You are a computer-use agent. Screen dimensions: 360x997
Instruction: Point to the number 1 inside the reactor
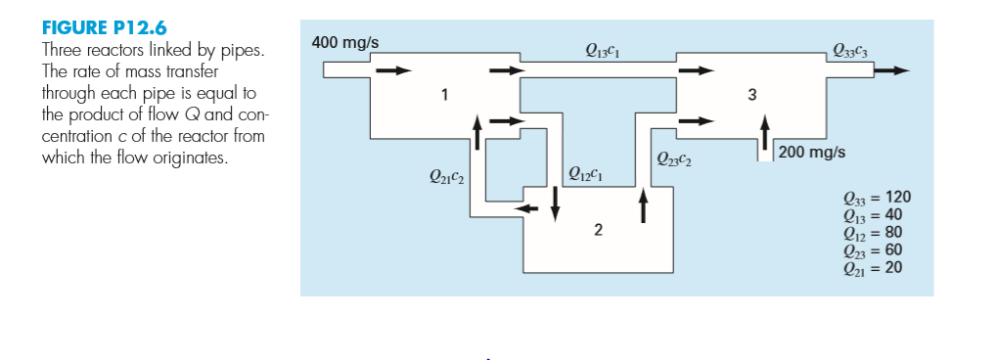pos(445,95)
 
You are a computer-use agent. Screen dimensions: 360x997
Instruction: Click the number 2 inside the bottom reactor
pos(598,231)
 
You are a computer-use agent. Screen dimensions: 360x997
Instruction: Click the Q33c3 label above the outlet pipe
pos(846,51)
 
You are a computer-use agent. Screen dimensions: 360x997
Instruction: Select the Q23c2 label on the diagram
pos(674,159)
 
